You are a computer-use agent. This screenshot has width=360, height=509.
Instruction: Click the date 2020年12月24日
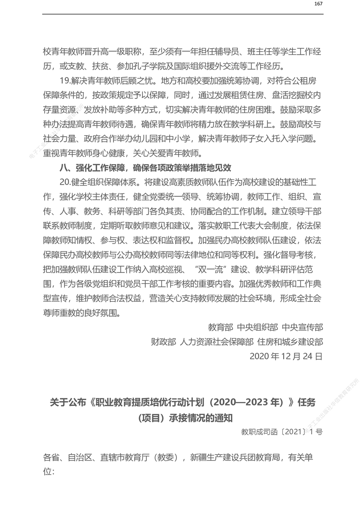click(286, 357)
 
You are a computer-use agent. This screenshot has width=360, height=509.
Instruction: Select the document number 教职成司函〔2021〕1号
click(281, 432)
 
